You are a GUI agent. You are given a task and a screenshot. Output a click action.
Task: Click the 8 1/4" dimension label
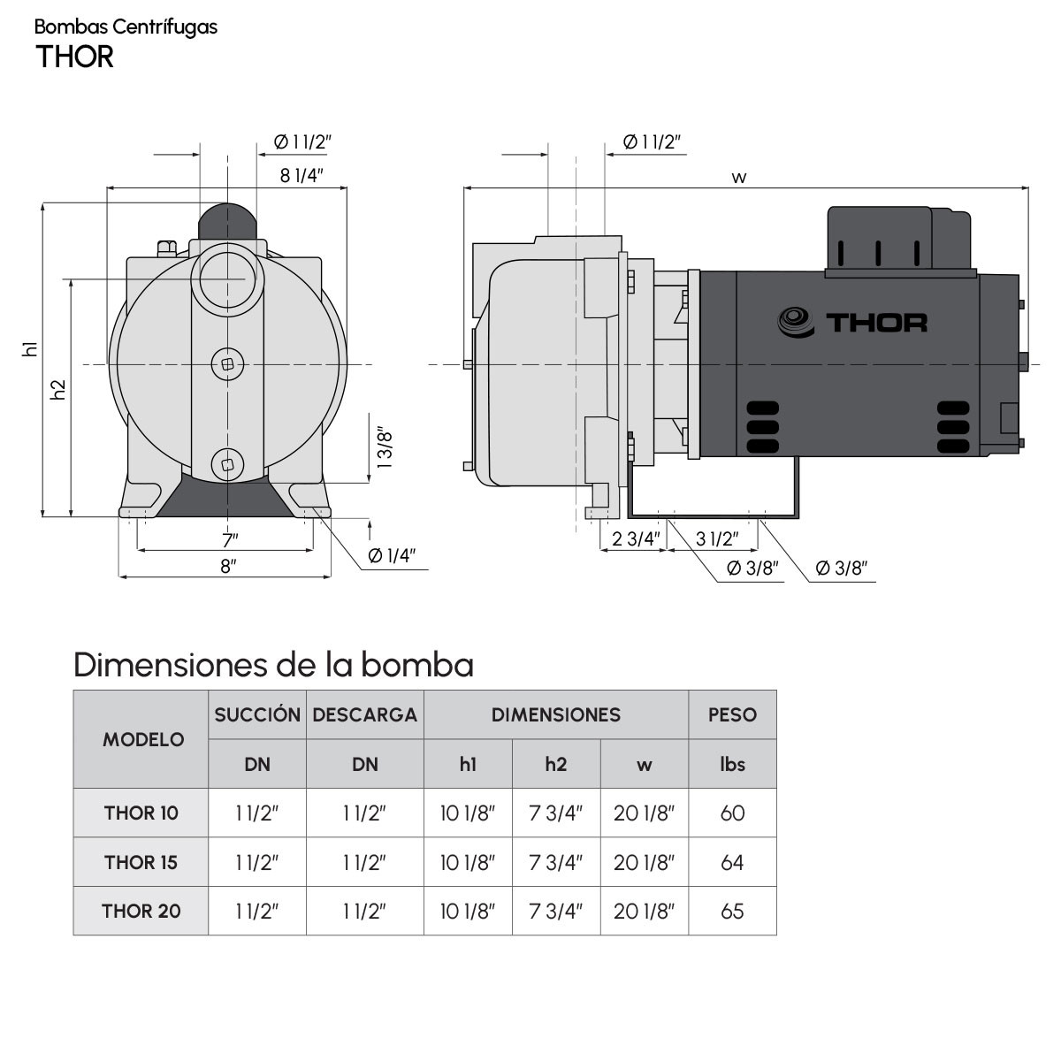pyautogui.click(x=302, y=175)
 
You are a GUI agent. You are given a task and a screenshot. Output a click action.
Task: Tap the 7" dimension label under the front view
pyautogui.click(x=230, y=540)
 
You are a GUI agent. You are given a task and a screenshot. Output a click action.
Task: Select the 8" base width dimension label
pyautogui.click(x=228, y=566)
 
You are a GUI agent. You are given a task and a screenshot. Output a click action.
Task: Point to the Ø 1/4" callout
pyautogui.click(x=391, y=555)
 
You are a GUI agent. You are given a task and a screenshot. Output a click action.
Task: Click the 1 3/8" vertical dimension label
pyautogui.click(x=385, y=447)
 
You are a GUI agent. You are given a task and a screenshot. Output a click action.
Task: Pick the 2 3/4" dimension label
pyautogui.click(x=636, y=538)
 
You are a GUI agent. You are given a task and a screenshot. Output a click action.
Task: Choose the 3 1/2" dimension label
pyautogui.click(x=717, y=538)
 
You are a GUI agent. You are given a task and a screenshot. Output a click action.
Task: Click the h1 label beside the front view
pyautogui.click(x=30, y=348)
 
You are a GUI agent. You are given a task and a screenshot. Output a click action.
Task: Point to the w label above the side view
pyautogui.click(x=738, y=178)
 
